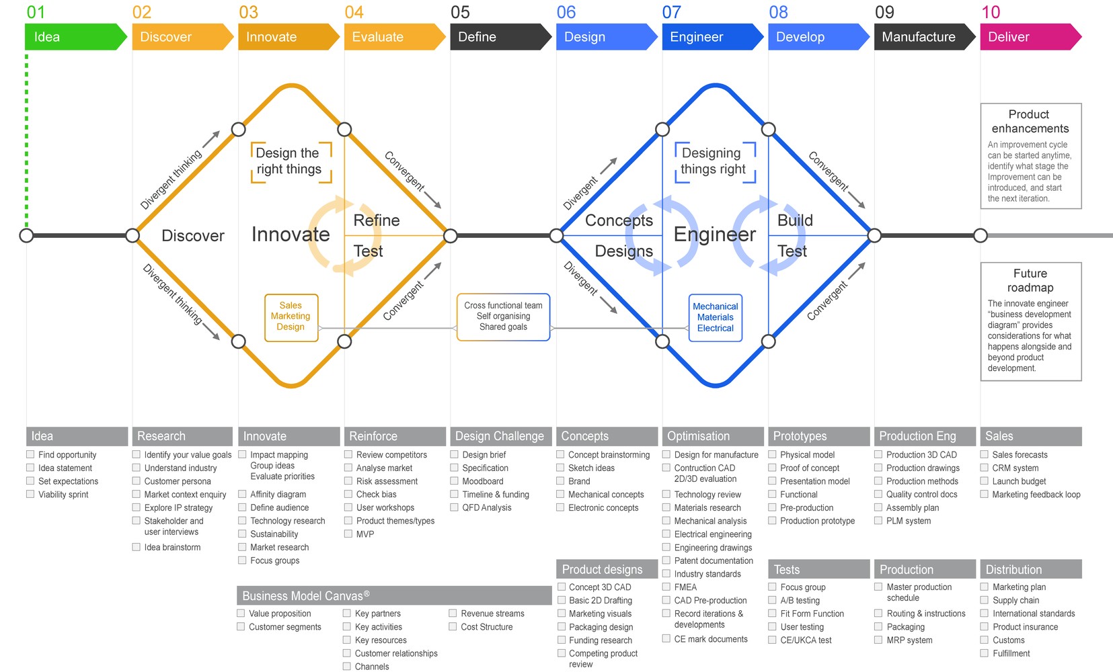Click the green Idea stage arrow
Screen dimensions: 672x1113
pos(74,37)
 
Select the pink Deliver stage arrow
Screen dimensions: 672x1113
pos(1029,37)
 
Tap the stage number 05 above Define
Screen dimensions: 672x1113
pos(461,12)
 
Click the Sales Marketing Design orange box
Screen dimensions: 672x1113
pos(291,317)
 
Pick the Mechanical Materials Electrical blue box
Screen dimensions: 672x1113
pos(715,317)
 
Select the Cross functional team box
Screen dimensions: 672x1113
pos(503,317)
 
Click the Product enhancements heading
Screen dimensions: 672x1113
pos(1030,122)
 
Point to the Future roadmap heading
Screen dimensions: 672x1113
pos(1030,280)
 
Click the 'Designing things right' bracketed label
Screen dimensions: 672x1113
pos(714,161)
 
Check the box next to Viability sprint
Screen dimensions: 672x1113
pos(30,494)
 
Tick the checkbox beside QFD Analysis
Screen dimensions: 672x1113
pos(454,507)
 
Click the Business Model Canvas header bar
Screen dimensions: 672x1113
pos(393,595)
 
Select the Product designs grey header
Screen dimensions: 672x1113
pos(607,569)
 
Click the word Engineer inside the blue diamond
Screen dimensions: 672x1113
pos(714,235)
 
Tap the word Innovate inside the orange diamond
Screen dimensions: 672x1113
pos(291,235)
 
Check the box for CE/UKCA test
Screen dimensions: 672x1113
pos(773,640)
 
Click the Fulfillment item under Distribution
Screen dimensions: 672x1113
pos(1011,653)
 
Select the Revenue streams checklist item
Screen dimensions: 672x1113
pos(492,614)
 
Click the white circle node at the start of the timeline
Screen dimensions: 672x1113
pos(26,235)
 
